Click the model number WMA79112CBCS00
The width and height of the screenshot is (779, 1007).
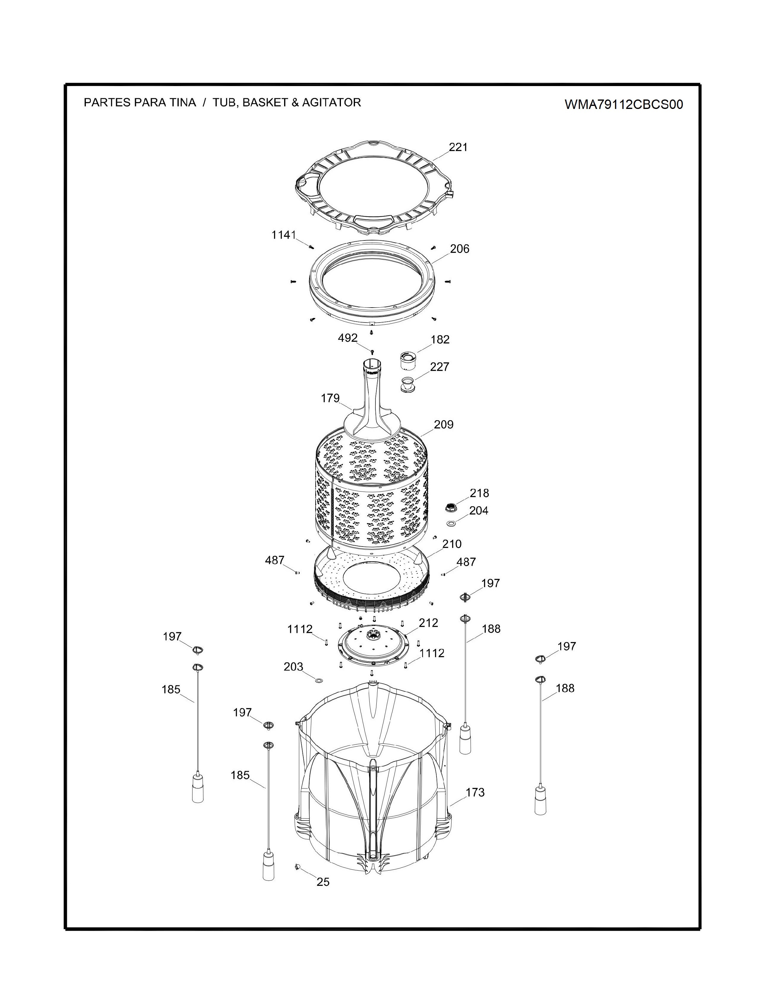(x=624, y=105)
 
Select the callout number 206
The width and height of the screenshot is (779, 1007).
(x=460, y=249)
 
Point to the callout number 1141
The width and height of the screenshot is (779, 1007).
(x=283, y=235)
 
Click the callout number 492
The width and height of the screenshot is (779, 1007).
(x=348, y=338)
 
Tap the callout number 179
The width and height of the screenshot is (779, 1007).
(x=331, y=398)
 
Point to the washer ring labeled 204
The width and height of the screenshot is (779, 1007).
(x=451, y=523)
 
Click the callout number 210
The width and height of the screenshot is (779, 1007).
(x=452, y=544)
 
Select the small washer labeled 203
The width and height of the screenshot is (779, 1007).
(x=318, y=680)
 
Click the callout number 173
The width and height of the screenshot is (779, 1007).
(x=475, y=792)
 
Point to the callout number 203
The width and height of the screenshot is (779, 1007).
(x=294, y=667)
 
